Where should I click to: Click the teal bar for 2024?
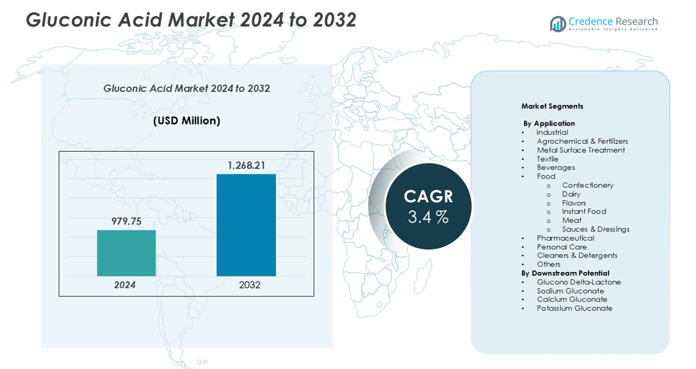pyautogui.click(x=126, y=253)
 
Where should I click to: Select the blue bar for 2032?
pyautogui.click(x=246, y=225)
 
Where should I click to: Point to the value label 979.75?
pyautogui.click(x=126, y=221)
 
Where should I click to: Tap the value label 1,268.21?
pyautogui.click(x=246, y=165)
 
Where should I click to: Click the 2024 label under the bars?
pyautogui.click(x=125, y=285)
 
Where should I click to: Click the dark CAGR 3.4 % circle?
pyautogui.click(x=429, y=206)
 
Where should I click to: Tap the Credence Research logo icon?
pyautogui.click(x=558, y=24)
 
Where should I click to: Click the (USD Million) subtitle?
pyautogui.click(x=186, y=121)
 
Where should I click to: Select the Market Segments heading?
pyautogui.click(x=552, y=106)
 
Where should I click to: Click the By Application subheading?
pyautogui.click(x=549, y=123)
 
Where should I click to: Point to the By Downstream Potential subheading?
pyautogui.click(x=565, y=273)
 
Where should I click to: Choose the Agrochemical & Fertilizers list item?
pyautogui.click(x=582, y=141)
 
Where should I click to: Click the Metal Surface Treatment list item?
pyautogui.click(x=580, y=150)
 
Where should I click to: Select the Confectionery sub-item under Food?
pyautogui.click(x=587, y=185)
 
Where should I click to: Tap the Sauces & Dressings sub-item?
pyautogui.click(x=595, y=229)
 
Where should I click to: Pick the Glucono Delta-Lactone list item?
pyautogui.click(x=579, y=282)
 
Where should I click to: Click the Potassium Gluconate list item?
pyautogui.click(x=574, y=308)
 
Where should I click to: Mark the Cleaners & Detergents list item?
pyautogui.click(x=577, y=255)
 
